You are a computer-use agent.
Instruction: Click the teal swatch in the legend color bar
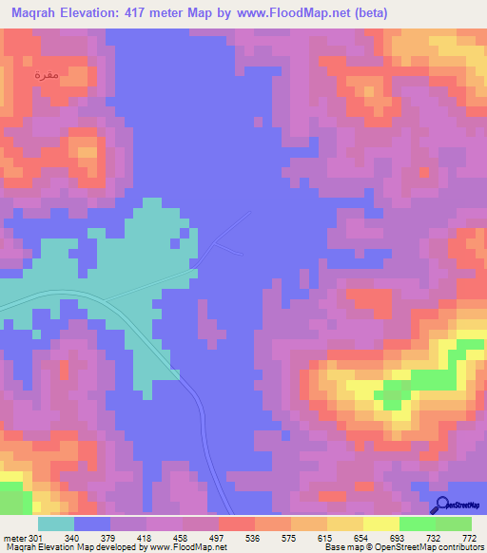[x=56, y=524]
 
